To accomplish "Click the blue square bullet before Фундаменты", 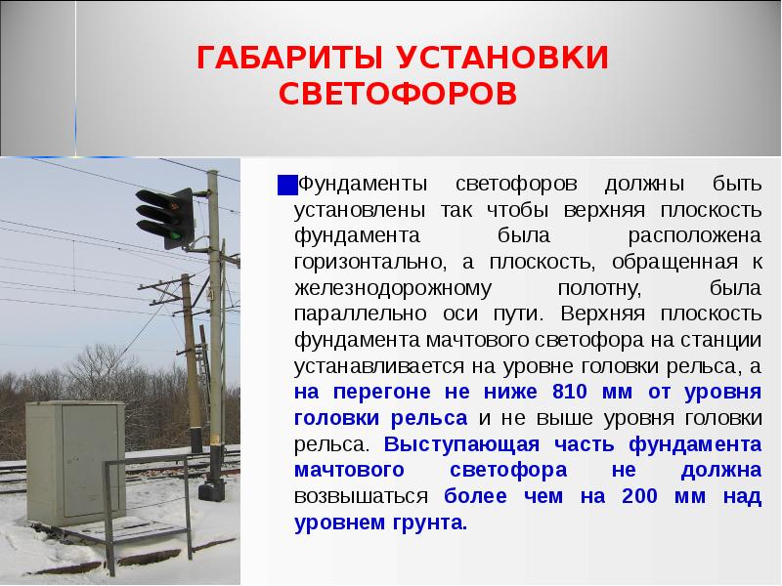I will [x=285, y=185].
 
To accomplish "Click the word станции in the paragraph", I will [x=719, y=341].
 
